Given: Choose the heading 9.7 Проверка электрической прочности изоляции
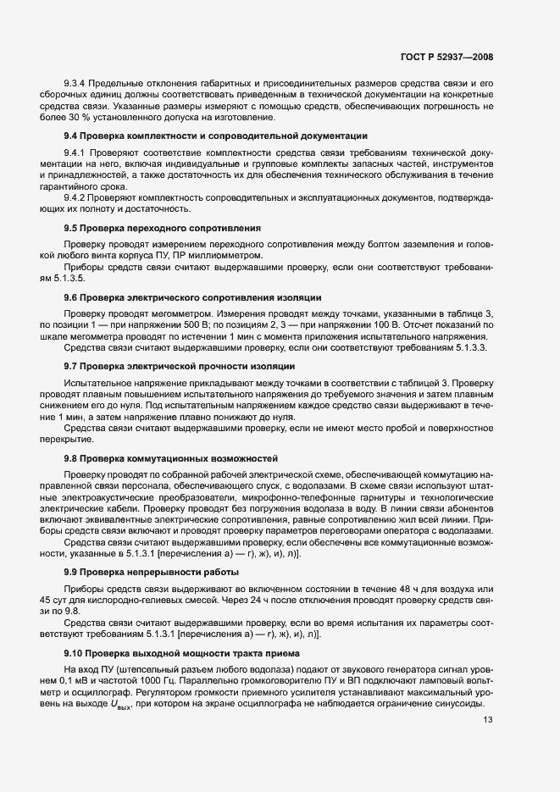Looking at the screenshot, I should click(180, 366).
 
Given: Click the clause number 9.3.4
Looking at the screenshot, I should click(76, 83).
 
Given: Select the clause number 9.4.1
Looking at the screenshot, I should click(76, 152).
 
